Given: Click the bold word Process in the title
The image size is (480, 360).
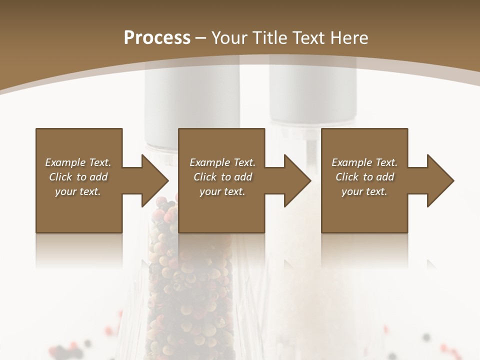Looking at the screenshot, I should pos(157,38).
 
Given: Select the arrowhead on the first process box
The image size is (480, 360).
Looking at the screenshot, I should pos(152,180).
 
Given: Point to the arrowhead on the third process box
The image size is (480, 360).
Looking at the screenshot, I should pos(438,180).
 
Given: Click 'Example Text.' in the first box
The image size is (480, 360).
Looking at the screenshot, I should pos(78,162).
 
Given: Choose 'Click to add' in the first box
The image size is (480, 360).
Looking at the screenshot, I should pos(78,177).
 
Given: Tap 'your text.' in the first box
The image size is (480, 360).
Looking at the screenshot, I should pos(78,191).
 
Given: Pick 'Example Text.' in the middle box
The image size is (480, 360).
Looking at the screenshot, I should pos(222,162).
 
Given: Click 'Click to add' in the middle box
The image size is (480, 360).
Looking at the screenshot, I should pos(222,177).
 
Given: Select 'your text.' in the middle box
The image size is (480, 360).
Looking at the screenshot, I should pos(222,191).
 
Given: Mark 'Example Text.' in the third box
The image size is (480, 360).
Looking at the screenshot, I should pos(364,162).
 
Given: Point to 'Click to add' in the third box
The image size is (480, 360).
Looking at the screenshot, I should pos(364,177).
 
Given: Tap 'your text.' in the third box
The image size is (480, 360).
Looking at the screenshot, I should pos(364,191).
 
